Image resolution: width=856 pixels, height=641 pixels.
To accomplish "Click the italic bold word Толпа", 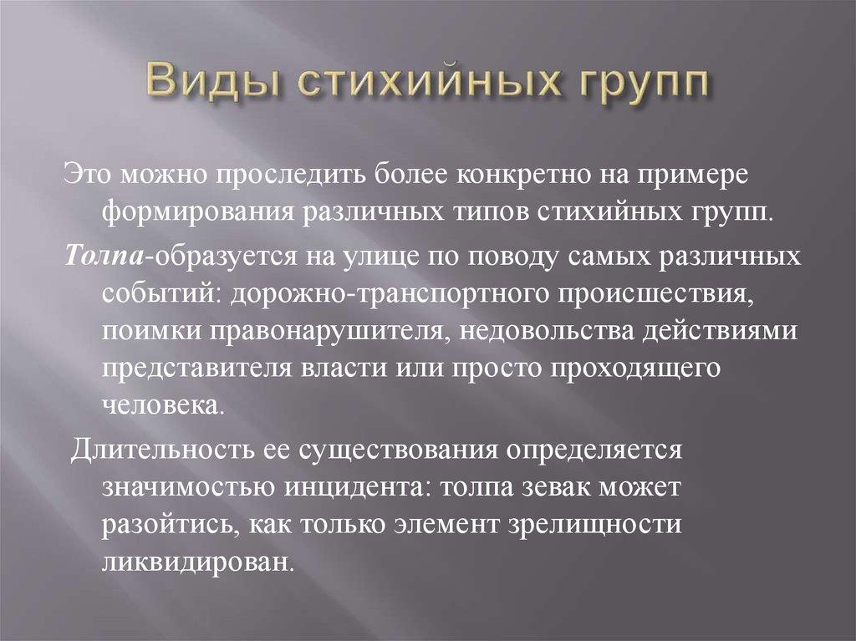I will click(101, 254).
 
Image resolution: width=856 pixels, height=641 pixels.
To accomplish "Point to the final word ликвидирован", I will click(199, 563).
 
